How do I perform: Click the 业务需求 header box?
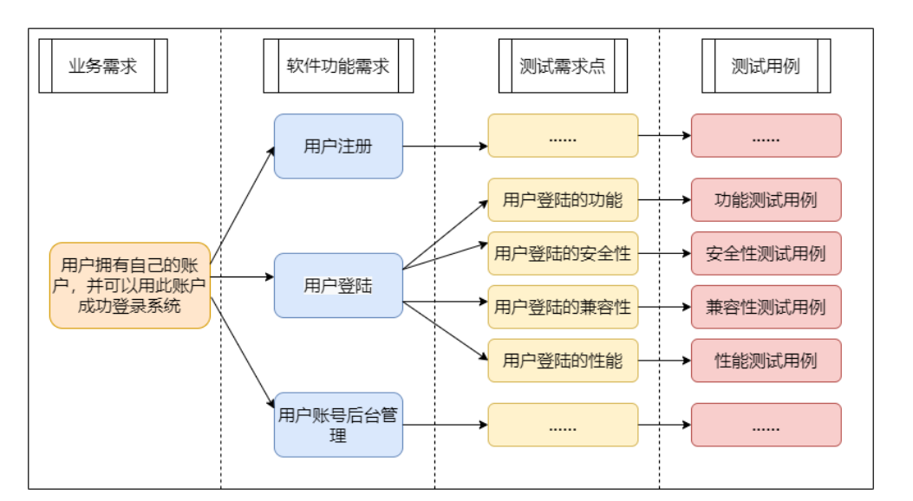(103, 67)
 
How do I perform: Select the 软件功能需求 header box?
(338, 67)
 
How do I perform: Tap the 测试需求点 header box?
(563, 67)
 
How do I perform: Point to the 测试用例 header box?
(766, 67)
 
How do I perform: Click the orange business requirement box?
(130, 285)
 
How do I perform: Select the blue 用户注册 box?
(338, 146)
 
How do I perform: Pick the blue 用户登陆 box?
(338, 285)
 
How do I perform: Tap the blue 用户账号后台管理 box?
(338, 425)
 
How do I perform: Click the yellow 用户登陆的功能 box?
(563, 200)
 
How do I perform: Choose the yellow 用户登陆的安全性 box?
(563, 254)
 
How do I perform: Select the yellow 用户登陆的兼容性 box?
(563, 307)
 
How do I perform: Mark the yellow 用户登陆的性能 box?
(563, 361)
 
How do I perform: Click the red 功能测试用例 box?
(766, 200)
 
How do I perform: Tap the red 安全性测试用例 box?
(766, 254)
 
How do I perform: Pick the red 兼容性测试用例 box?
(766, 307)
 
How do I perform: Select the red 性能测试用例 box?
(766, 361)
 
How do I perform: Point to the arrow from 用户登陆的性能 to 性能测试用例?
(664, 361)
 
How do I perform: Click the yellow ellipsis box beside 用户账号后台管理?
(563, 425)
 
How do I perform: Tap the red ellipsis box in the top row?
(766, 136)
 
